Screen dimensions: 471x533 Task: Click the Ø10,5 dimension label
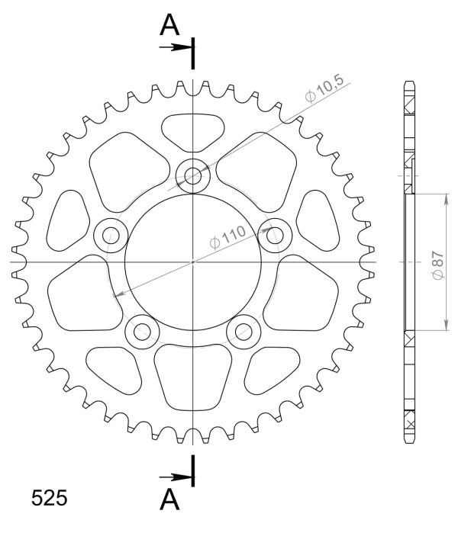(x=324, y=88)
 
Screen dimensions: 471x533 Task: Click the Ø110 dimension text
(x=227, y=237)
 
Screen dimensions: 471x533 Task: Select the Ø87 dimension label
(x=438, y=265)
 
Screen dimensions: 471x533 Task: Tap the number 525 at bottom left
(x=50, y=499)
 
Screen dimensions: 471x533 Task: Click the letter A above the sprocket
(x=169, y=25)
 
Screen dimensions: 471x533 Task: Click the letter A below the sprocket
(x=169, y=499)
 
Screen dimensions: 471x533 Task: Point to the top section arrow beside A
(x=176, y=47)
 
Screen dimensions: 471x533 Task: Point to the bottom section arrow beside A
(x=176, y=477)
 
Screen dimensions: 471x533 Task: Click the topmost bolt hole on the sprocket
(x=192, y=175)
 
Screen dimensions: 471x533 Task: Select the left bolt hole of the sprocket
(x=111, y=236)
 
